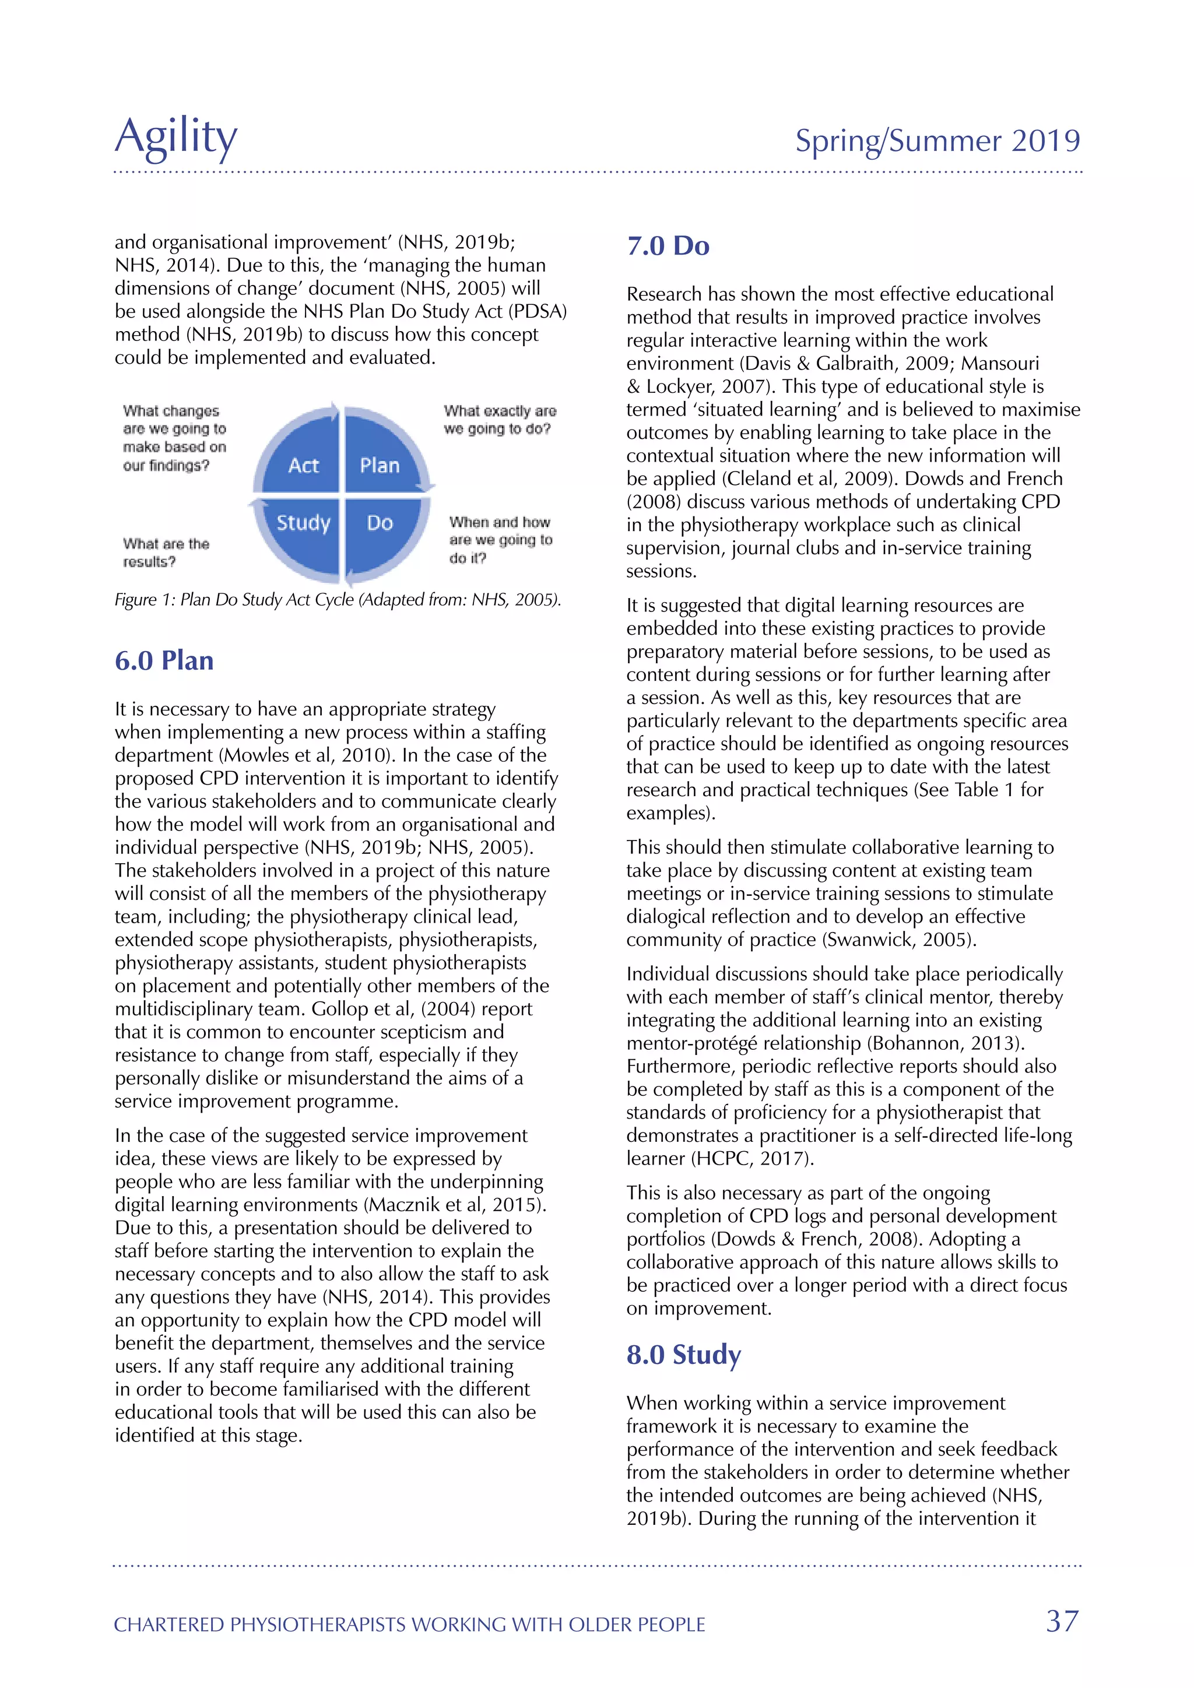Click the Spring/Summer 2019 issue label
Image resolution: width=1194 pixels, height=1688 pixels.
pos(937,140)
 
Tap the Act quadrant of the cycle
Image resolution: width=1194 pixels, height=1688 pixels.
pos(303,465)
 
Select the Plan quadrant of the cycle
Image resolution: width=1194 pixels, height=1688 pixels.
pos(380,465)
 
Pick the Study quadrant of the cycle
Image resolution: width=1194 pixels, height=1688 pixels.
pos(303,523)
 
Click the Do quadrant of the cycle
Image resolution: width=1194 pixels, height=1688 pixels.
pos(380,523)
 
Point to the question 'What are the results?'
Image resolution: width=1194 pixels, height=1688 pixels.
pos(166,552)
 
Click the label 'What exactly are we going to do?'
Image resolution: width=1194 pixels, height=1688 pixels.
pos(499,420)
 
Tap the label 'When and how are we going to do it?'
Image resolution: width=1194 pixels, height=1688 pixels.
pos(500,540)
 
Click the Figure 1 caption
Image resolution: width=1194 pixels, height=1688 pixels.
pos(338,600)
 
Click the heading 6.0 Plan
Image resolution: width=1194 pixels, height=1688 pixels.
pos(164,660)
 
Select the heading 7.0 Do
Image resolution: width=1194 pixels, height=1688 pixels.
pos(668,245)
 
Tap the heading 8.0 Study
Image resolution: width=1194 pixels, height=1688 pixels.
pos(684,1354)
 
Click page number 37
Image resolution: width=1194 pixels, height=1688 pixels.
pos(1062,1621)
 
